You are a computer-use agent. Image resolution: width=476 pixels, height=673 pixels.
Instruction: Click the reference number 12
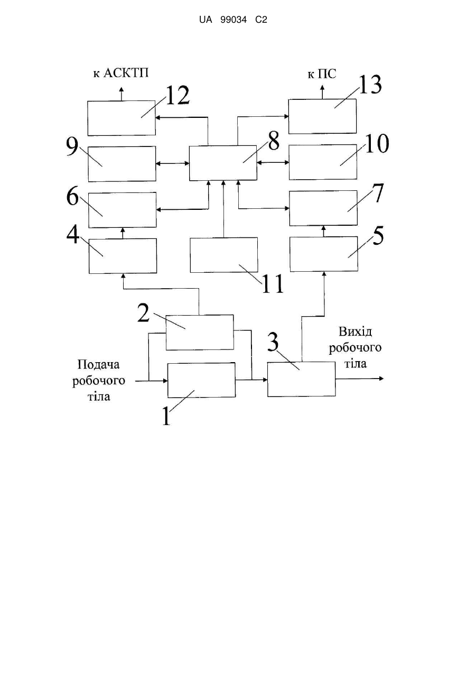tap(178, 95)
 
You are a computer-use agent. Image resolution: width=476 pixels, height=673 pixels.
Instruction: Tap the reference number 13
tap(370, 85)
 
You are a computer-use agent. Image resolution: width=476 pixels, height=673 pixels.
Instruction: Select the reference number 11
tap(273, 283)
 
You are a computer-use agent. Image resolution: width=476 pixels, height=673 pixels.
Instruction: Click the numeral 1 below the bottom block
tap(166, 416)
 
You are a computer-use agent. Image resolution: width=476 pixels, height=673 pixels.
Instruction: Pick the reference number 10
tap(377, 144)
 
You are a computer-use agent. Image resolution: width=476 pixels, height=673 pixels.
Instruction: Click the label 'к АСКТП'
tap(121, 73)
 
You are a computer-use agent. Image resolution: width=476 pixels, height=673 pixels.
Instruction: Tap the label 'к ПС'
tap(322, 74)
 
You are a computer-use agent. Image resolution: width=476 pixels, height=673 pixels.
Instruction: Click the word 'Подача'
tap(98, 365)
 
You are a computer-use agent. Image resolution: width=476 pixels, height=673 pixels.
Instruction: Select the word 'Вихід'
tap(355, 331)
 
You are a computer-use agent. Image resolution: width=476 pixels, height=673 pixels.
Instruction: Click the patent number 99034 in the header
tap(234, 20)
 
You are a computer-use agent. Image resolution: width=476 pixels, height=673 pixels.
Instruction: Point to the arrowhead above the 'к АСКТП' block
tap(122, 89)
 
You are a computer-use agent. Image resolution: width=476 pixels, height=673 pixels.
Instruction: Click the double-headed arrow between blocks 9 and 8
tap(172, 163)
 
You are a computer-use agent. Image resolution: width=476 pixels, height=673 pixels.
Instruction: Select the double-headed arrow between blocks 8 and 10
tap(273, 162)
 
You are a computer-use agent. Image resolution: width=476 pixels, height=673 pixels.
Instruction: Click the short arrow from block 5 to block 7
tap(323, 231)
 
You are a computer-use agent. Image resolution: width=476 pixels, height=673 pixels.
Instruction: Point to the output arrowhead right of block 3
tap(381, 379)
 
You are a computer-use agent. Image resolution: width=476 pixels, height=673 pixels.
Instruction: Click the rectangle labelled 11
tap(223, 255)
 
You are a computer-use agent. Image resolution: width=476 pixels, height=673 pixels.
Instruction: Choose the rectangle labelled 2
tap(200, 333)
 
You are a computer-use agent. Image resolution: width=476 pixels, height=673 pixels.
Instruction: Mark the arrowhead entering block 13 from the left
tap(286, 116)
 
